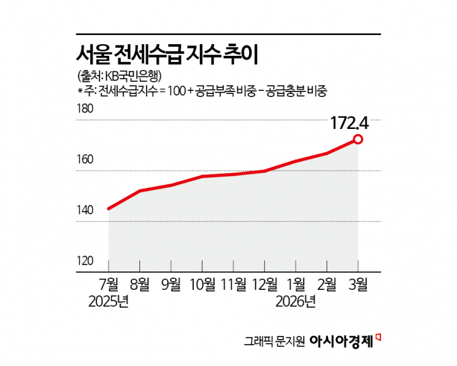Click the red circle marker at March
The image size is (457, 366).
358,139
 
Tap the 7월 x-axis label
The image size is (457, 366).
108,284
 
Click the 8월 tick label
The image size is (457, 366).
139,284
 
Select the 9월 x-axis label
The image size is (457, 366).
171,284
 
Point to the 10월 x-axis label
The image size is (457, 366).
202,284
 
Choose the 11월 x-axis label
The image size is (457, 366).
233,284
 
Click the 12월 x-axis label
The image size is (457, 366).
264,284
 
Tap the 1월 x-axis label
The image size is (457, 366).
296,284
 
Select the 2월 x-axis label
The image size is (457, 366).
327,284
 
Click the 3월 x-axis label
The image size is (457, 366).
358,284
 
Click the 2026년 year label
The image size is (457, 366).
296,302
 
